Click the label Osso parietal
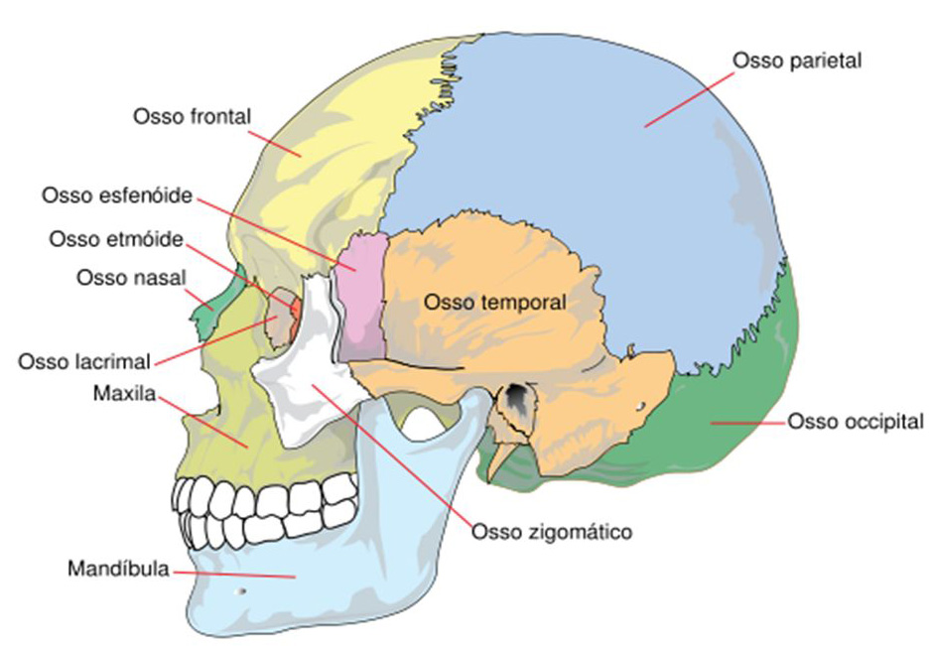[797, 61]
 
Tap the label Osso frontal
[192, 116]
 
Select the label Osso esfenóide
[116, 195]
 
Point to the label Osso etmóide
[115, 239]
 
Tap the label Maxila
[120, 395]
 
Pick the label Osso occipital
[856, 422]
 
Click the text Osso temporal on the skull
[494, 302]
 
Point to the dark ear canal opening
[517, 398]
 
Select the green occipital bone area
[734, 427]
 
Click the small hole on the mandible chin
[238, 592]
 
